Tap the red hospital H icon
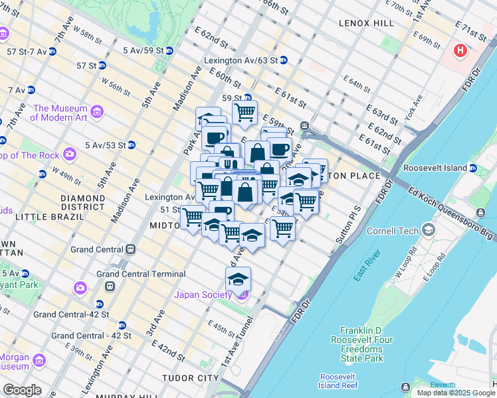tap(460, 50)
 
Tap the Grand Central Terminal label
tap(141, 274)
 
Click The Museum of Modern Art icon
tap(97, 111)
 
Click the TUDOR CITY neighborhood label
tap(190, 377)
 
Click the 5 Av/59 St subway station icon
tap(169, 50)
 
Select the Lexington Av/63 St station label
tap(241, 60)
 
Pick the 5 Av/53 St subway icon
tap(132, 145)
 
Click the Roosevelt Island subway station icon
tap(472, 168)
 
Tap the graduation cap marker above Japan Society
tap(237, 279)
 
